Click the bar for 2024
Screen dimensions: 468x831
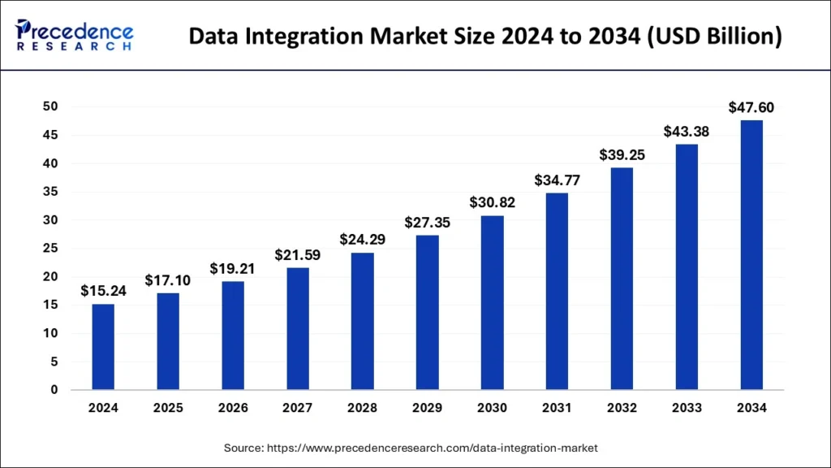tap(103, 347)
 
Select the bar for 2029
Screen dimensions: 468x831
tap(428, 312)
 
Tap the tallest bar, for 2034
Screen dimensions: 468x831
tap(751, 255)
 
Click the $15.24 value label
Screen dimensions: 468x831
tap(103, 291)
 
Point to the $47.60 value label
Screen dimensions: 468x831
tap(751, 106)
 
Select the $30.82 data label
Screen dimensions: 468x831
tap(492, 202)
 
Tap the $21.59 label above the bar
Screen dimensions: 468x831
tap(298, 254)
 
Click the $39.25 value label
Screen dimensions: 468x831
tap(622, 154)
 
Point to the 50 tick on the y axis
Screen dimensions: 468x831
tap(50, 106)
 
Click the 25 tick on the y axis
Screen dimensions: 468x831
tap(50, 249)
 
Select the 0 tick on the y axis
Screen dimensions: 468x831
tap(54, 390)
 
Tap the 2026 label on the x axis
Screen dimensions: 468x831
tap(233, 408)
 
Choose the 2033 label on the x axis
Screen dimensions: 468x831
tap(687, 408)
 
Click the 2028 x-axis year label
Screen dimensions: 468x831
tap(363, 408)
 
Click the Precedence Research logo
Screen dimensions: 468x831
tap(75, 35)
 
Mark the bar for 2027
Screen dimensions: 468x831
tap(298, 328)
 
